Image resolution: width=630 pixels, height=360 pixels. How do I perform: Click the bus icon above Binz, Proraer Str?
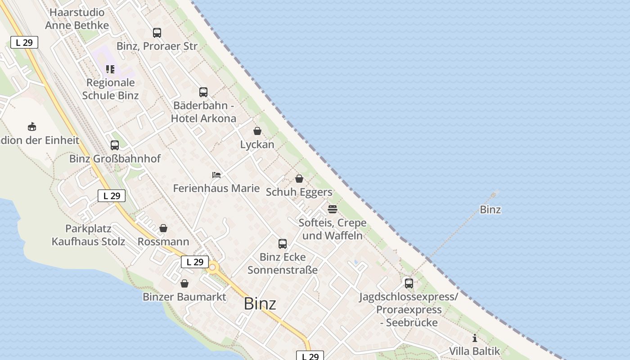click(157, 32)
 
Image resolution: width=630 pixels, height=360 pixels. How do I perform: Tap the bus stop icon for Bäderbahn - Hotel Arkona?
click(203, 92)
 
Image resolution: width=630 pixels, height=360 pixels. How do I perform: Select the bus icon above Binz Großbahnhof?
click(115, 145)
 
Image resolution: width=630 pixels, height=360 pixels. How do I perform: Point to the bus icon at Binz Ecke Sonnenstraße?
click(283, 244)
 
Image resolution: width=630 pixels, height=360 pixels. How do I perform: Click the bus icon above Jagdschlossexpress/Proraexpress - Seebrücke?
click(409, 283)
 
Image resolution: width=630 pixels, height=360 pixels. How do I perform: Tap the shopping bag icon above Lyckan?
click(257, 131)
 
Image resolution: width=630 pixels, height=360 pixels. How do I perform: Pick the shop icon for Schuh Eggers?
click(299, 179)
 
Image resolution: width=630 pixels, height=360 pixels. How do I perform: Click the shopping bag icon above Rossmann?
click(163, 228)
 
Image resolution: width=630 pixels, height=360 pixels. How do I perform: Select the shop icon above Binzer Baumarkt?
click(184, 283)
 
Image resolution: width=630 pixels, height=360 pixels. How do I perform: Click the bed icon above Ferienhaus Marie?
click(216, 175)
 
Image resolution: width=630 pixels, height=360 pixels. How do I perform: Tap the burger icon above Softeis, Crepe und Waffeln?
click(332, 209)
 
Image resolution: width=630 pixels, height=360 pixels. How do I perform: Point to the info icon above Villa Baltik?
click(474, 338)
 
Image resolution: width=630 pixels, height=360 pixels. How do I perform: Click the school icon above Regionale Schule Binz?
click(110, 69)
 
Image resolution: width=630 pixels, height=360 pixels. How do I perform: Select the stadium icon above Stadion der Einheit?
click(31, 126)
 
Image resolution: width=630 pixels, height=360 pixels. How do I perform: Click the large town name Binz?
click(260, 304)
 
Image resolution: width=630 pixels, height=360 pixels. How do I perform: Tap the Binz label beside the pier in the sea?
click(490, 210)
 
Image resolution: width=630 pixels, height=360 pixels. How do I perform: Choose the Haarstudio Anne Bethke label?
click(77, 19)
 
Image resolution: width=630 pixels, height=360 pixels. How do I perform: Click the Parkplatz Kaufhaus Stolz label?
click(88, 235)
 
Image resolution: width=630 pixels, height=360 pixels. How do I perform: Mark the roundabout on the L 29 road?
click(212, 268)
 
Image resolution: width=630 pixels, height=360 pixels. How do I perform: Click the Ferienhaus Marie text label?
click(216, 188)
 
